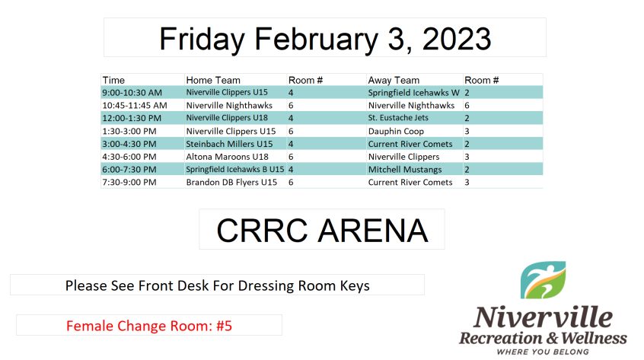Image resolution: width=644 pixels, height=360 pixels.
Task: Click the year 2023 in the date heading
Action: (x=456, y=39)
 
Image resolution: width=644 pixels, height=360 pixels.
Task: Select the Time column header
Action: (x=113, y=80)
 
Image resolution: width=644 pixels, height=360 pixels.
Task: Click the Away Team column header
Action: (x=394, y=80)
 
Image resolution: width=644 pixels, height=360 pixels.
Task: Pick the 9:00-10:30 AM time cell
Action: (x=132, y=93)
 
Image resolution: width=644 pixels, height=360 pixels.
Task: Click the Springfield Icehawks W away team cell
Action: (x=413, y=93)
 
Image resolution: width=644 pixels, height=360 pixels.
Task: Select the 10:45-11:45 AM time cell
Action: (x=134, y=106)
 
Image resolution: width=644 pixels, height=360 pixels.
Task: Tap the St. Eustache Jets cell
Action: (x=398, y=118)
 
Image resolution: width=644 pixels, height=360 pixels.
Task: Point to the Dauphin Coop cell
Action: (x=396, y=132)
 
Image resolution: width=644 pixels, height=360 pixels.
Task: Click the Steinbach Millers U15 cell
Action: (x=229, y=144)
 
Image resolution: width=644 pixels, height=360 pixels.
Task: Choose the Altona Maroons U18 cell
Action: (x=227, y=156)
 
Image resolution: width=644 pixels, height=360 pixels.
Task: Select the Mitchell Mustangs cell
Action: (x=405, y=170)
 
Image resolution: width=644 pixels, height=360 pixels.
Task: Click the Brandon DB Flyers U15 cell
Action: (x=231, y=182)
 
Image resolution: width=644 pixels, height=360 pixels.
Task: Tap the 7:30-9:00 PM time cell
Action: (x=129, y=182)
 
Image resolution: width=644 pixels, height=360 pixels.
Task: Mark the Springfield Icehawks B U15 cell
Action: (x=235, y=169)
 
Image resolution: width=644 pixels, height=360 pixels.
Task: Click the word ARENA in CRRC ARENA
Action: (x=373, y=231)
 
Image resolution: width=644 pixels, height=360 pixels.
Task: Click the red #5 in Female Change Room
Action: (x=225, y=326)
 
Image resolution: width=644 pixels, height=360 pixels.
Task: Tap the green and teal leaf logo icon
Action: (x=543, y=280)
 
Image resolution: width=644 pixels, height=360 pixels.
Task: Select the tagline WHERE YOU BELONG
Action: (x=543, y=352)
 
